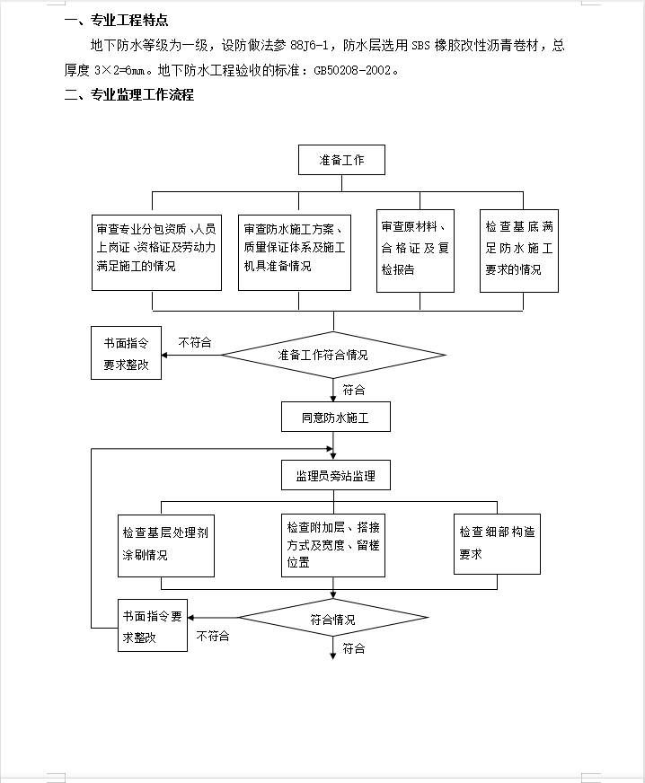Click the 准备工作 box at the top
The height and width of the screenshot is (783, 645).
(x=341, y=160)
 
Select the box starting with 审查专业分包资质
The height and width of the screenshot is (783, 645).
(x=156, y=252)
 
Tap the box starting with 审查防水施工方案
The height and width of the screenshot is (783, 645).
(x=295, y=252)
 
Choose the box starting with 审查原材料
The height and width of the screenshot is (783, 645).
(x=415, y=251)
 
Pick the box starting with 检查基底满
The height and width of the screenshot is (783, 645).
(x=519, y=251)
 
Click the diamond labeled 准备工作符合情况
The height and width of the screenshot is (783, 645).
(x=333, y=355)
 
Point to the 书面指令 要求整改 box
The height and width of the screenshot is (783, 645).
(x=126, y=353)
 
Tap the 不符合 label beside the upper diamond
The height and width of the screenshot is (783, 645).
(x=195, y=343)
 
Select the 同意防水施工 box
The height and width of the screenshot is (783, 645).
(x=336, y=417)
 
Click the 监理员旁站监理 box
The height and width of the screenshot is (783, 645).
(x=336, y=475)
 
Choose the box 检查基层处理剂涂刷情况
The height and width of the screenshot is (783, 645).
(x=166, y=546)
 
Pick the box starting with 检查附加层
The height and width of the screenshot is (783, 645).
(x=333, y=545)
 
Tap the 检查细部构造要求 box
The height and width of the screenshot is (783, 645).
(x=497, y=544)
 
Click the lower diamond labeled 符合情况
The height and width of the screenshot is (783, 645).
(x=332, y=618)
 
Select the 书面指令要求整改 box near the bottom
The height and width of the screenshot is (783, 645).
(x=153, y=625)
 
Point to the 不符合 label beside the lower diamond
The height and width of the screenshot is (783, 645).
(x=213, y=636)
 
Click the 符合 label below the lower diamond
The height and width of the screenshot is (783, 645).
(x=354, y=648)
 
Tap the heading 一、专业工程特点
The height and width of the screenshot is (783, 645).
(x=117, y=21)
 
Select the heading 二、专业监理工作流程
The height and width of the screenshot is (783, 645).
(x=128, y=95)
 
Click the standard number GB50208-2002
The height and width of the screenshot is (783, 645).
(x=352, y=71)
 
